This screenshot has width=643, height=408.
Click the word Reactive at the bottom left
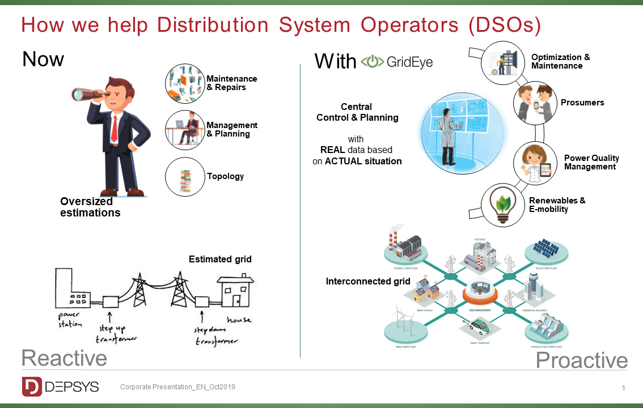pos(64,358)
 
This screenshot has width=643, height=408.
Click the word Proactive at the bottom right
pos(581,360)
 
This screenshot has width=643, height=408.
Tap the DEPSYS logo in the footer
pos(61,386)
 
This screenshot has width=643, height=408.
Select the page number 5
pos(624,388)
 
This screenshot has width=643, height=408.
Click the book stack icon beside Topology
pos(184,177)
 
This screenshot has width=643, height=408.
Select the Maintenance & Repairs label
pos(231,83)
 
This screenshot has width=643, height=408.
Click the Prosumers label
pos(582,103)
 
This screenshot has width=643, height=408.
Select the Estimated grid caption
pos(220,260)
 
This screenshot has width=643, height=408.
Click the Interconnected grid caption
pos(368,281)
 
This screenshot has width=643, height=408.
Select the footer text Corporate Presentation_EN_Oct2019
pos(177,387)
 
